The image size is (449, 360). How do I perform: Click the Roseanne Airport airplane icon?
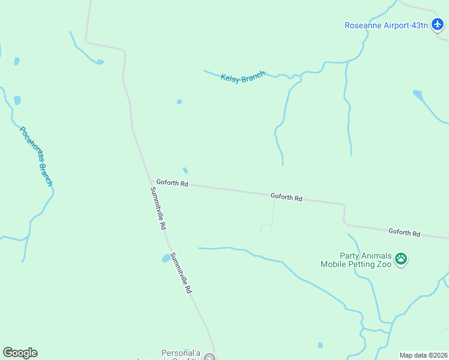(438, 25)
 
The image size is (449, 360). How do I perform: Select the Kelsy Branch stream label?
(243, 77)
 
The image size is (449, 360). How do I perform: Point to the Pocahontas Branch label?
(36, 156)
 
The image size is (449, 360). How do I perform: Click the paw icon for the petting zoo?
(401, 260)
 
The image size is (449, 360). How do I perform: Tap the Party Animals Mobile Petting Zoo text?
(356, 260)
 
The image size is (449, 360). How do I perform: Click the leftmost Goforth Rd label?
(172, 183)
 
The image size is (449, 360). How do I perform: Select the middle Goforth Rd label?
(286, 197)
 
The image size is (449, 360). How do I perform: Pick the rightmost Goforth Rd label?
(404, 232)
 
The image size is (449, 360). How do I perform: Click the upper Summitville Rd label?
(158, 208)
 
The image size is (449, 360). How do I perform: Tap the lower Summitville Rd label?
(181, 273)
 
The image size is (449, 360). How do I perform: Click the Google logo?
(20, 353)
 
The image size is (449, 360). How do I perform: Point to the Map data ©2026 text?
(423, 355)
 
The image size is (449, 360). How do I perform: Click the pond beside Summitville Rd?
(165, 259)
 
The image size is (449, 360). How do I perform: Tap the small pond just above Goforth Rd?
(185, 170)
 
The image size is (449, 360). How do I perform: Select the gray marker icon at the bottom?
(209, 358)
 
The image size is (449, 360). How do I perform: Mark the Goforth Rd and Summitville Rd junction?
(151, 182)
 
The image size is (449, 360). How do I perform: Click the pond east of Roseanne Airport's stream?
(418, 94)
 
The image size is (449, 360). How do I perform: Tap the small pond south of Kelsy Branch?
(179, 102)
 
